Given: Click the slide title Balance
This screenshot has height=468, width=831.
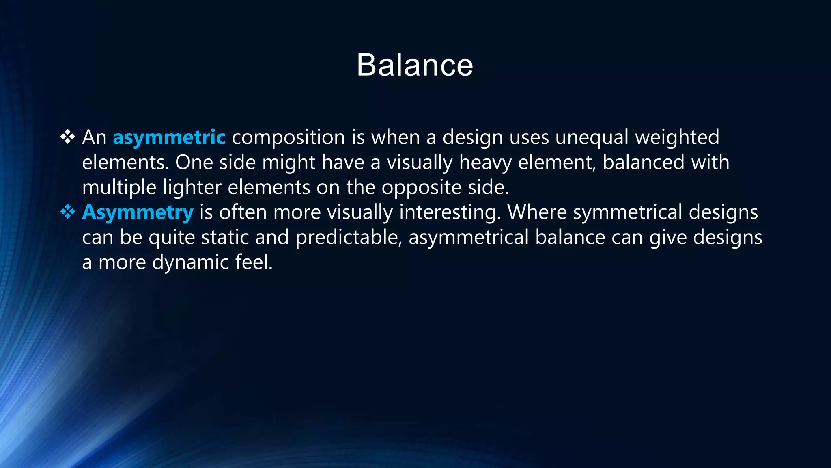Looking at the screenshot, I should pyautogui.click(x=415, y=65).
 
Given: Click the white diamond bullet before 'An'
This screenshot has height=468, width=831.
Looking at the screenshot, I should pyautogui.click(x=68, y=137).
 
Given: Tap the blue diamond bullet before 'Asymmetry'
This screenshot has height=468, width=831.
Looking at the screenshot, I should pyautogui.click(x=68, y=212).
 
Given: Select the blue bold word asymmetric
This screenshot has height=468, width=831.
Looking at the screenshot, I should pyautogui.click(x=169, y=137).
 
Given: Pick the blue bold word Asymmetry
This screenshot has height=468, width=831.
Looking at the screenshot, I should pyautogui.click(x=138, y=212).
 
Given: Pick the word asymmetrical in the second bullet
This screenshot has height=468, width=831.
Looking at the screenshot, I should pyautogui.click(x=468, y=238).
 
